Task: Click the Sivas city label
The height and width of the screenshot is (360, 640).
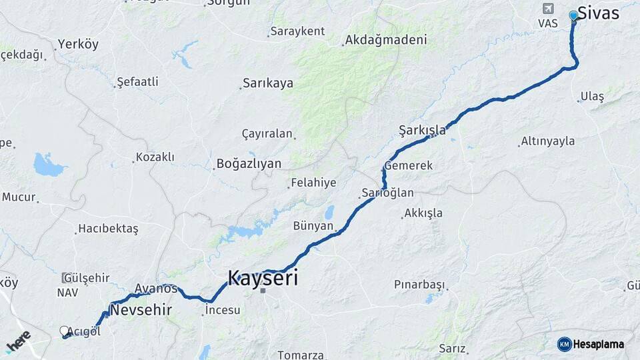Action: click(x=598, y=13)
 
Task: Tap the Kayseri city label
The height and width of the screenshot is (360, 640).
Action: click(x=263, y=277)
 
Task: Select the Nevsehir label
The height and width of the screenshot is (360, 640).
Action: click(x=141, y=310)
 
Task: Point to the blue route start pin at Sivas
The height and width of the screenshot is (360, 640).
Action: click(x=573, y=16)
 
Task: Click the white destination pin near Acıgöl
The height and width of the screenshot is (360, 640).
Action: click(x=65, y=331)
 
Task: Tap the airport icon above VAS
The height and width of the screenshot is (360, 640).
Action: click(x=548, y=9)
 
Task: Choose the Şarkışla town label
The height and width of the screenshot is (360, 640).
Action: click(x=422, y=129)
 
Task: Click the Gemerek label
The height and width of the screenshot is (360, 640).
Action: click(x=409, y=165)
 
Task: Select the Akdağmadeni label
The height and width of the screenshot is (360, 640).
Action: click(x=386, y=40)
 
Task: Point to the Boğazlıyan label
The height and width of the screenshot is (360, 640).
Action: click(x=249, y=163)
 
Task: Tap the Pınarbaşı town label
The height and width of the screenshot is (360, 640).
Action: click(x=419, y=285)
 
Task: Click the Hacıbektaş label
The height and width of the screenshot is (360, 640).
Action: click(x=108, y=229)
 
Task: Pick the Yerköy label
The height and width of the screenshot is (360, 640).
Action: click(x=78, y=44)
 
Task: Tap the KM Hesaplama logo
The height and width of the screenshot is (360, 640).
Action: click(x=591, y=344)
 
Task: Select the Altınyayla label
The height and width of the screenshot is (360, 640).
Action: click(x=548, y=141)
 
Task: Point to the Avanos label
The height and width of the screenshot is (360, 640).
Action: click(x=156, y=289)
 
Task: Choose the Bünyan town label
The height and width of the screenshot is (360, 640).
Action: click(x=313, y=226)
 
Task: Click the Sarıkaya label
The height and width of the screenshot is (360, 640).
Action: click(x=268, y=83)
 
